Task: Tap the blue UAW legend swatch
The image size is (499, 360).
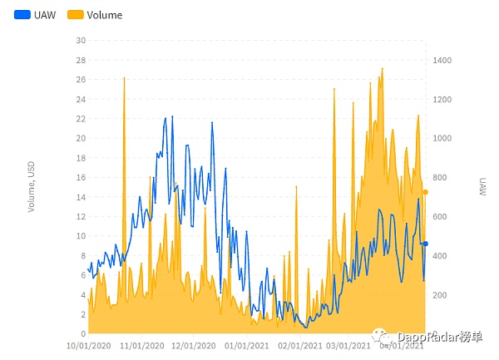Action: point(22,14)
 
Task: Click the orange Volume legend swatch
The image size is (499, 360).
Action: point(75,14)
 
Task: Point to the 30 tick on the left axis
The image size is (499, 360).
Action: point(80,40)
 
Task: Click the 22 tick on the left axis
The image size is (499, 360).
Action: point(80,118)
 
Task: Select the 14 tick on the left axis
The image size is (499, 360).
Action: point(80,196)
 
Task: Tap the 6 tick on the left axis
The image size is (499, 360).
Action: point(82,275)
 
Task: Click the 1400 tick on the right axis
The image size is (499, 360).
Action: point(442,60)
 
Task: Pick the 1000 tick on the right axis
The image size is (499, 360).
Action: point(442,138)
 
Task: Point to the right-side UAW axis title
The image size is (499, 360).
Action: point(482,186)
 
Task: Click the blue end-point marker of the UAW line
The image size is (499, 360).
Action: point(425,244)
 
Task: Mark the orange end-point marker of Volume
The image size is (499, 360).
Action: point(425,192)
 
